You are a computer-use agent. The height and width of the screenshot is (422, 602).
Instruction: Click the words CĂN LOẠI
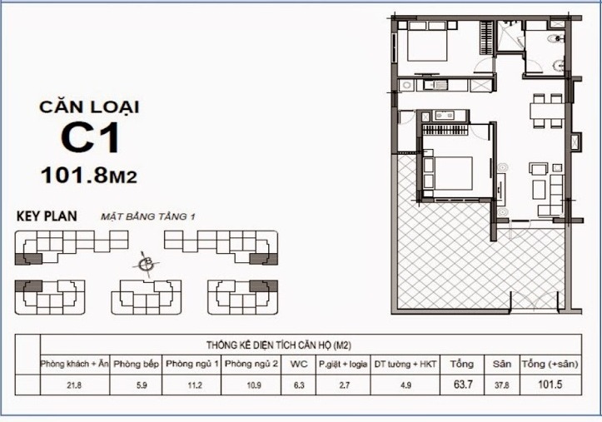coord(89,107)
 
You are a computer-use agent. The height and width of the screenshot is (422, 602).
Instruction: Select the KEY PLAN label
coord(47,216)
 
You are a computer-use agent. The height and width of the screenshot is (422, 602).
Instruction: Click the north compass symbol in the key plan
coord(147,265)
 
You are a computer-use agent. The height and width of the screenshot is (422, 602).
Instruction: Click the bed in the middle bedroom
coord(450,172)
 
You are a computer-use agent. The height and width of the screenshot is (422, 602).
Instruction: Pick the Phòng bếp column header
coord(131,364)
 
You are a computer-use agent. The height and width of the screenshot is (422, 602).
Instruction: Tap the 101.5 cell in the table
coord(548,385)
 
